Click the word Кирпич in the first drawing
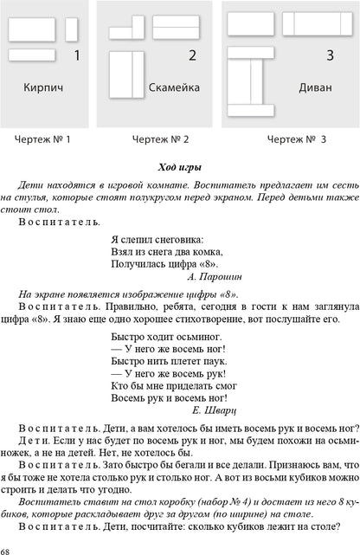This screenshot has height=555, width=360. (44, 87)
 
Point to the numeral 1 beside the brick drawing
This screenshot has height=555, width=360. (78, 57)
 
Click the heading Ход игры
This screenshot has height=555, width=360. (179, 167)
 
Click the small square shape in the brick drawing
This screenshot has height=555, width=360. (71, 29)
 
